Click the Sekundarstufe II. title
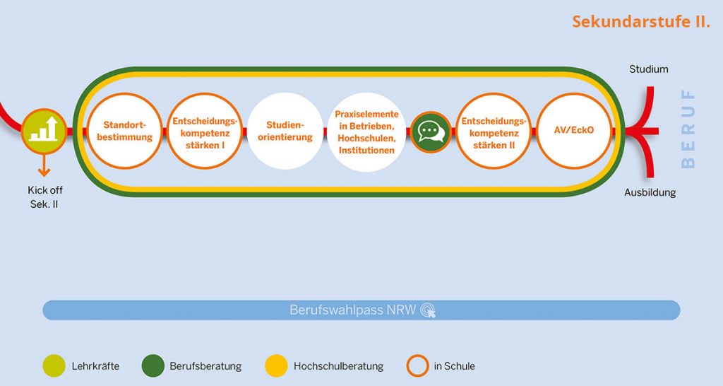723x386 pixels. [640, 21]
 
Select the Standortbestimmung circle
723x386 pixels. [125, 131]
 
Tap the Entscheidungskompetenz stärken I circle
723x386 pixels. [203, 131]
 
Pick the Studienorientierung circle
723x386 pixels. [285, 131]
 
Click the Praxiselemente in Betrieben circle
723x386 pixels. [366, 131]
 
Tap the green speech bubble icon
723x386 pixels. [431, 131]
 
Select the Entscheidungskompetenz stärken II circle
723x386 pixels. [494, 131]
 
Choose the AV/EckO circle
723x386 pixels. [574, 131]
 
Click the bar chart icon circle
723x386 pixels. [44, 130]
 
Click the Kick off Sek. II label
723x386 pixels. [44, 197]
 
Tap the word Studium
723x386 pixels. [648, 69]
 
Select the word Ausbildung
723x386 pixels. [650, 192]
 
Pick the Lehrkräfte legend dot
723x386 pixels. [53, 366]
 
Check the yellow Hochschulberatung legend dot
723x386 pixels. [275, 366]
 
